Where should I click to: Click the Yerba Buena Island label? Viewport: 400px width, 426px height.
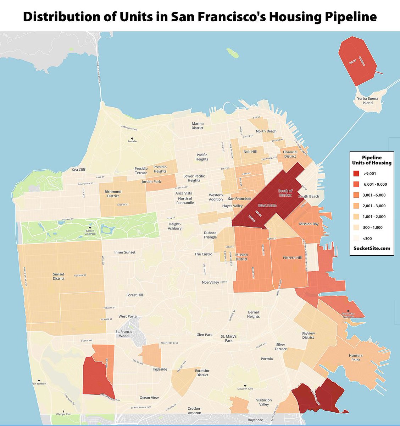tap(367, 100)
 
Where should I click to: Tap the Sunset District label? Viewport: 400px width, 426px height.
tap(59, 276)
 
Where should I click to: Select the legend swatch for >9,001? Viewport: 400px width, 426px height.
tap(356, 174)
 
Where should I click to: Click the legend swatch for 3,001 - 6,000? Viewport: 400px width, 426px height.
tap(356, 195)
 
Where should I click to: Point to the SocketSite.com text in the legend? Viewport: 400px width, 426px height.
tap(372, 248)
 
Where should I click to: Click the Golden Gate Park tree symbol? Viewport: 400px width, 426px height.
tap(90, 228)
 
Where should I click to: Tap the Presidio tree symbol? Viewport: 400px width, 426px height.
tap(132, 138)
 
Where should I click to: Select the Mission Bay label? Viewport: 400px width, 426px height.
tap(309, 224)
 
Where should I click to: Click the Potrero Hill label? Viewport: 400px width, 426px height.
tap(292, 258)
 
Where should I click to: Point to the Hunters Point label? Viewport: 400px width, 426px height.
tap(355, 357)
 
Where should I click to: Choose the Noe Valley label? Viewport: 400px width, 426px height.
tap(210, 282)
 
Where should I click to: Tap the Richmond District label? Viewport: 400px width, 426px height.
tap(113, 194)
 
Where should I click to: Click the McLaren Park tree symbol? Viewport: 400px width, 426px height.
tap(245, 386)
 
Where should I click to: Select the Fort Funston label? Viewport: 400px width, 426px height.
tap(39, 384)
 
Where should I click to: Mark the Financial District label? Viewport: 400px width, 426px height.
tap(290, 154)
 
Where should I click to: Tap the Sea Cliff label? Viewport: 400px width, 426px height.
tap(79, 170)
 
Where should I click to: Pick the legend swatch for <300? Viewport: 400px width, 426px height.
tap(356, 238)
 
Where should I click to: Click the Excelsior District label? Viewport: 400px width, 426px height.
tap(202, 373)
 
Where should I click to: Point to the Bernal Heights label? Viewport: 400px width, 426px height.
tap(253, 314)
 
